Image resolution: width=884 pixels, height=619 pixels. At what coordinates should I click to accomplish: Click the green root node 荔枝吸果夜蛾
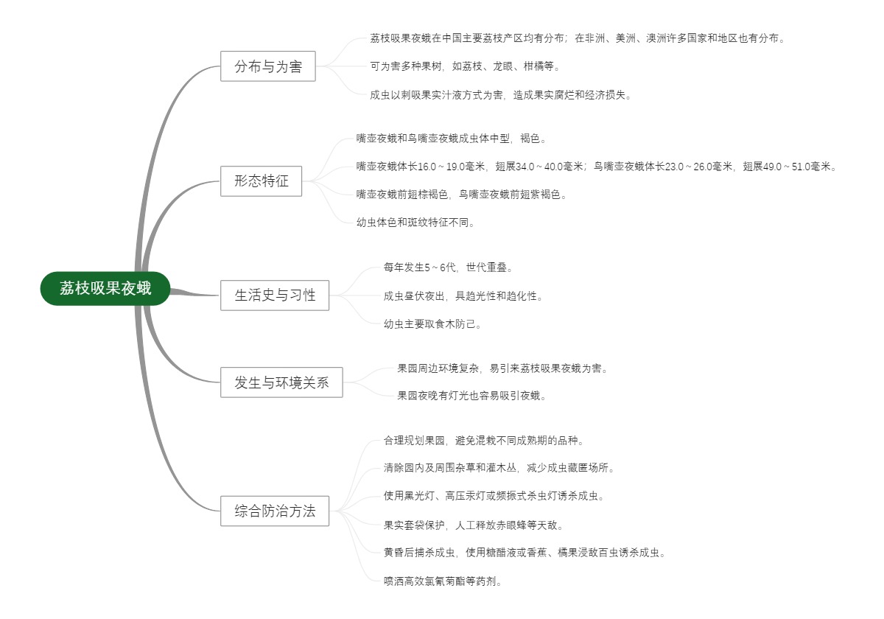click(x=105, y=288)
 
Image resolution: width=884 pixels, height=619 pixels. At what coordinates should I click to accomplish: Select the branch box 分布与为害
click(x=268, y=67)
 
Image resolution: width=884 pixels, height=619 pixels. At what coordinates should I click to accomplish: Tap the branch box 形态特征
click(x=261, y=181)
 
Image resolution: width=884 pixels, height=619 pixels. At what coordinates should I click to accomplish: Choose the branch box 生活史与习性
click(x=275, y=295)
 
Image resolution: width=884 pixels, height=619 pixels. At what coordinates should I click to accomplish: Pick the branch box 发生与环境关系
click(x=281, y=382)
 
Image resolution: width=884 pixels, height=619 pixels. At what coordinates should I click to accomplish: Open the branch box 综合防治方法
click(x=275, y=511)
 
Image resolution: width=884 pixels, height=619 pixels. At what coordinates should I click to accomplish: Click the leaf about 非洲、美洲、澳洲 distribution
click(x=577, y=38)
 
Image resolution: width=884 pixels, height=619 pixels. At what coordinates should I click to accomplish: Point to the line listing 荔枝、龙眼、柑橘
click(x=465, y=66)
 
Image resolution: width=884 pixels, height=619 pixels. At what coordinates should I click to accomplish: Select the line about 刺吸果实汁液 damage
click(x=501, y=94)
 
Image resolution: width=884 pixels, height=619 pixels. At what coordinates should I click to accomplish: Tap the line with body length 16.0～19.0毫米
click(x=597, y=167)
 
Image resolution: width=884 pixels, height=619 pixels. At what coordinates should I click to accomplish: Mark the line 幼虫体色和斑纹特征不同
click(x=416, y=222)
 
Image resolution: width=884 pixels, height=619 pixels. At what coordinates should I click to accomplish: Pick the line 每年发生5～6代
click(x=448, y=267)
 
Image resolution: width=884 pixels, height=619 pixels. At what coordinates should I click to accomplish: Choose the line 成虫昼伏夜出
click(x=463, y=296)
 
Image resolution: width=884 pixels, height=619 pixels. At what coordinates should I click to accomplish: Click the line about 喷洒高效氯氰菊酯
click(x=444, y=581)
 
